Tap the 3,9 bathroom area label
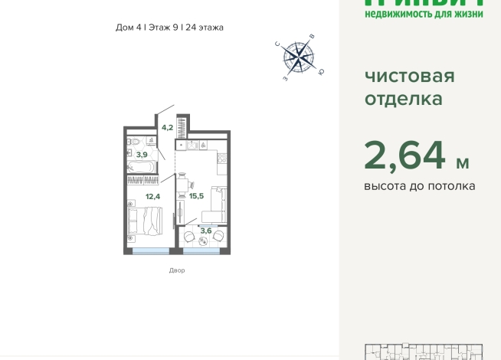click(x=141, y=155)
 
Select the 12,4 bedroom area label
click(x=152, y=196)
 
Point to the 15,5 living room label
click(x=196, y=196)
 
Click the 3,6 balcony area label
click(x=205, y=230)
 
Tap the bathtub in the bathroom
click(x=142, y=166)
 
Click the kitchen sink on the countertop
click(x=194, y=144)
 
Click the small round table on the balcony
click(x=204, y=241)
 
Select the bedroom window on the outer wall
click(x=150, y=250)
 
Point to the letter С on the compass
click(x=277, y=44)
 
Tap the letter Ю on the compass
click(x=321, y=72)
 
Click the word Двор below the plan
click(x=177, y=270)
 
